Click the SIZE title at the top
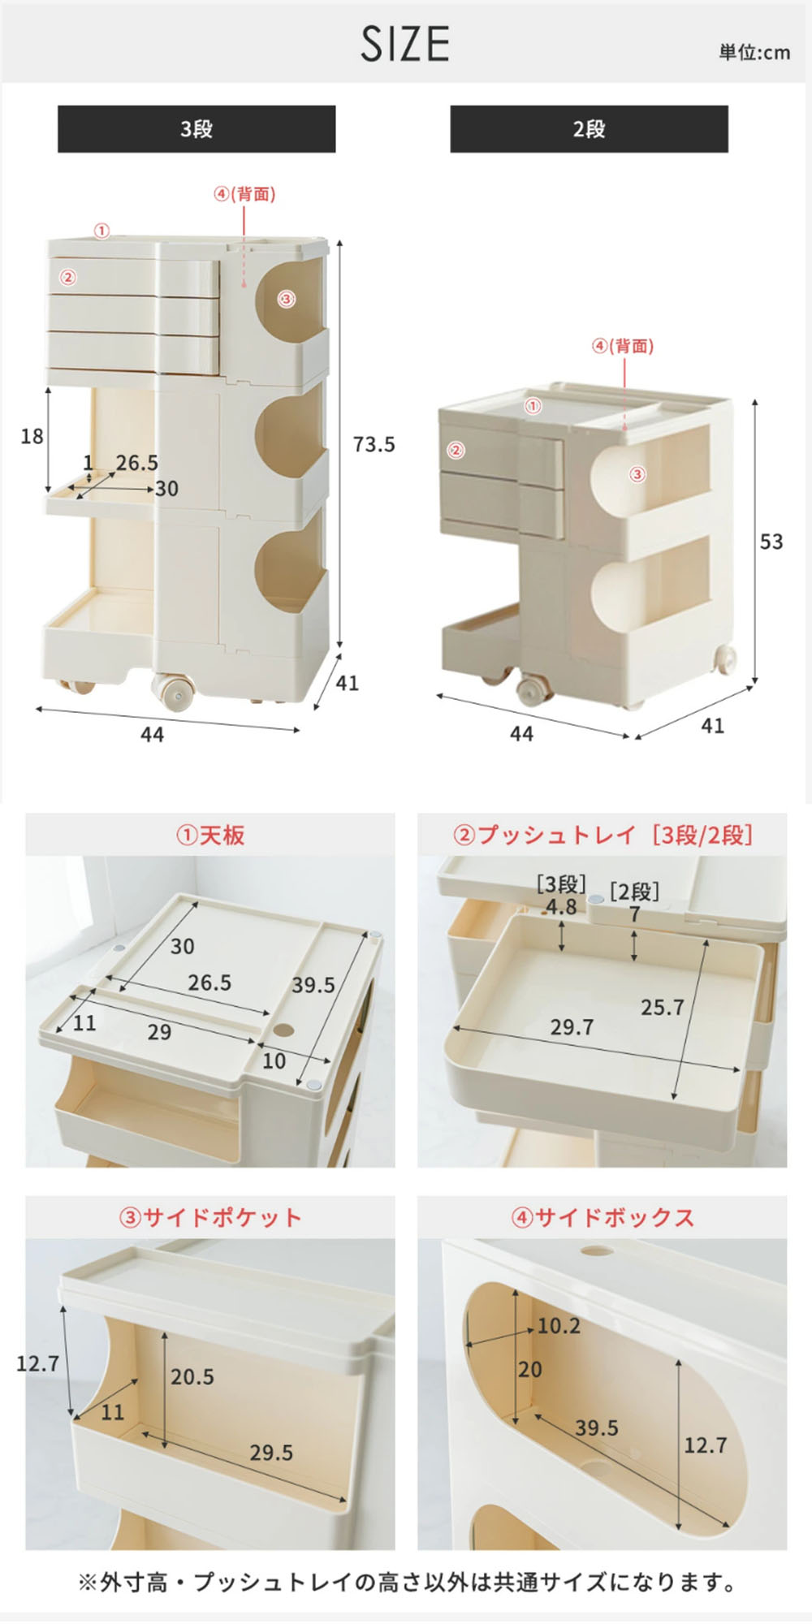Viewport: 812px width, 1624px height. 405,44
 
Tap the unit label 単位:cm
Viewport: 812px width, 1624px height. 754,53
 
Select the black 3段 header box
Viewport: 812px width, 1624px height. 197,128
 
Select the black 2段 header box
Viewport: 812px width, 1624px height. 589,128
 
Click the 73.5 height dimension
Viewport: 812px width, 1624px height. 374,444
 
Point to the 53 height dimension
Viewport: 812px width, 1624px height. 771,542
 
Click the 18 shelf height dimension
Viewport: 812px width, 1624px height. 32,436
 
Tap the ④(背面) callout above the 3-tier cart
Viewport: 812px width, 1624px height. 244,195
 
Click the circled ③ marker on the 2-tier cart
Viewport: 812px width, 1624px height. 637,473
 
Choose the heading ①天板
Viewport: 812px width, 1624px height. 210,836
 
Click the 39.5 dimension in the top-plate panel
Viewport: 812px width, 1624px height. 313,985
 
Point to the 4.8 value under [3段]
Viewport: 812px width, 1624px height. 561,907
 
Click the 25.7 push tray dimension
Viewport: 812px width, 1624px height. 663,1008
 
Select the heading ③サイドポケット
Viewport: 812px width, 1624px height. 210,1217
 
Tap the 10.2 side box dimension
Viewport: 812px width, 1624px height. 559,1326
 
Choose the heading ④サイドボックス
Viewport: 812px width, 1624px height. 603,1217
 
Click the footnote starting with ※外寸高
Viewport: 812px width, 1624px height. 406,1582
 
